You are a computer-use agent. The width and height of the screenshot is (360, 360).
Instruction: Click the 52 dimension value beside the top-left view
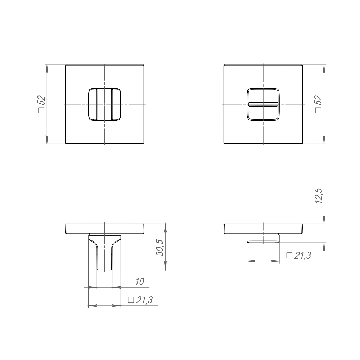[41, 100]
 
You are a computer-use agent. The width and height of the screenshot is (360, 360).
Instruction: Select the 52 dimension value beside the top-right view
[318, 100]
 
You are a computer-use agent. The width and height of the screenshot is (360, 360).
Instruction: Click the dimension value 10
[140, 282]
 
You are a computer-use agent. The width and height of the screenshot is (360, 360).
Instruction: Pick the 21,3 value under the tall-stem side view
[145, 300]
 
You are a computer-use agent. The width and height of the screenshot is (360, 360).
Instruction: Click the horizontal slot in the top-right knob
[263, 104]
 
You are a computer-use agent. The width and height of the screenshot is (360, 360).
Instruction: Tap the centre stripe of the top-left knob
[104, 104]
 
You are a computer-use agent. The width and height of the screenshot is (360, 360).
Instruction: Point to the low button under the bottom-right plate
[263, 238]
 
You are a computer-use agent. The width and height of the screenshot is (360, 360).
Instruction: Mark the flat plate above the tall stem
[104, 228]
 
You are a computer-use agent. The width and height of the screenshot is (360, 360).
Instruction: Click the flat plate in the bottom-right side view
[263, 228]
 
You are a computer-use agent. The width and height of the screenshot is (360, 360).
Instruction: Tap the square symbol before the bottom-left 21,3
[131, 300]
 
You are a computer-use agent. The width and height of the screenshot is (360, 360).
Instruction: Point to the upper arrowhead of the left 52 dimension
[47, 68]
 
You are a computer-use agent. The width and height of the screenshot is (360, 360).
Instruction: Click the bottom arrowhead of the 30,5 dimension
[166, 267]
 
